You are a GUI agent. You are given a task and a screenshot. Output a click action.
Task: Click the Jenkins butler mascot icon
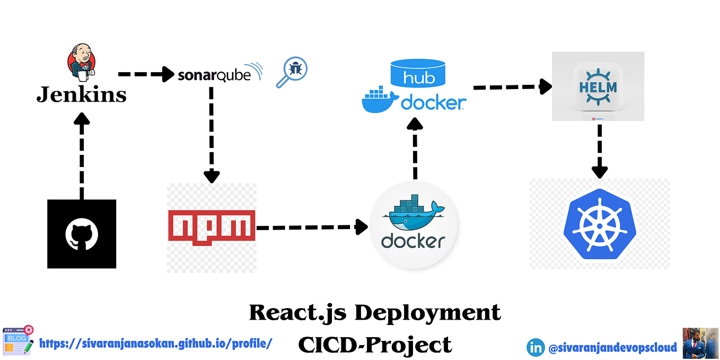pos(81,63)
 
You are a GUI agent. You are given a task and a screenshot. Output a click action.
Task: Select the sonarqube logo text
pos(214,75)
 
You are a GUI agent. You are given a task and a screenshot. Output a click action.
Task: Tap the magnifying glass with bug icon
pos(292,72)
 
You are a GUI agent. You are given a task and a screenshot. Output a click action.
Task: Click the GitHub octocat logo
pos(82,234)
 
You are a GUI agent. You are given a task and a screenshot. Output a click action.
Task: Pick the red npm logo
pos(212,225)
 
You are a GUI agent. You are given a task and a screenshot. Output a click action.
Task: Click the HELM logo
pos(598,87)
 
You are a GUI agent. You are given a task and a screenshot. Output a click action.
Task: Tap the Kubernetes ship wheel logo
pos(600,224)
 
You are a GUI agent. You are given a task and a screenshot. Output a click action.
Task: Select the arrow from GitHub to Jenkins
pos(81,156)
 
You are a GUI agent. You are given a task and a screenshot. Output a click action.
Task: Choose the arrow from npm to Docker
pos(312,227)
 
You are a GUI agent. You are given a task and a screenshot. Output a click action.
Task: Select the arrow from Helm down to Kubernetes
pos(600,151)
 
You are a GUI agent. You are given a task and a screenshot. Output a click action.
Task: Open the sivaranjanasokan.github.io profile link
pos(156,343)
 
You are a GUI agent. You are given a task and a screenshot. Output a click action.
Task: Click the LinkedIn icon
pos(535,347)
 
